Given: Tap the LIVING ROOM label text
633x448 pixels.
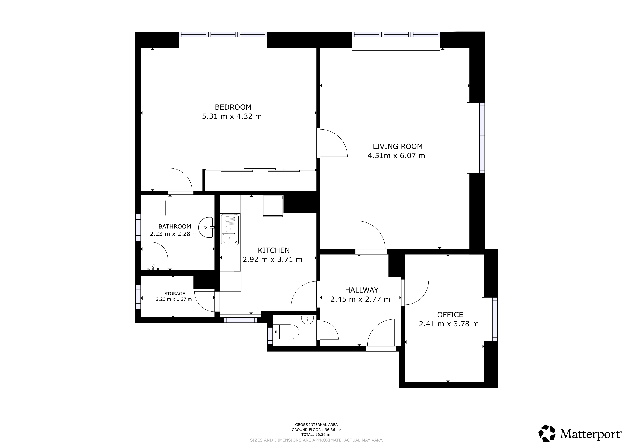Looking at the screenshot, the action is coord(398,146).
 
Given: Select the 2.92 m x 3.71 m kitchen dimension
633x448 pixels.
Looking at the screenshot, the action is coord(272,260).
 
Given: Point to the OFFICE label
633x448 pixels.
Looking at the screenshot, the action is coord(450,315).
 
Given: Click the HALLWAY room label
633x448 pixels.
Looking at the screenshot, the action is coord(362,290).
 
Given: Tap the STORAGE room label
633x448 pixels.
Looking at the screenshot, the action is coord(174,294).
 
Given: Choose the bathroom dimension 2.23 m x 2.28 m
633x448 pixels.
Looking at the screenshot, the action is coord(174,234).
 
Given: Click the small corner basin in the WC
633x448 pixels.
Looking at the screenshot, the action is coord(307,319).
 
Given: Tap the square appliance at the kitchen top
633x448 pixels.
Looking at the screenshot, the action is coord(273,206).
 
